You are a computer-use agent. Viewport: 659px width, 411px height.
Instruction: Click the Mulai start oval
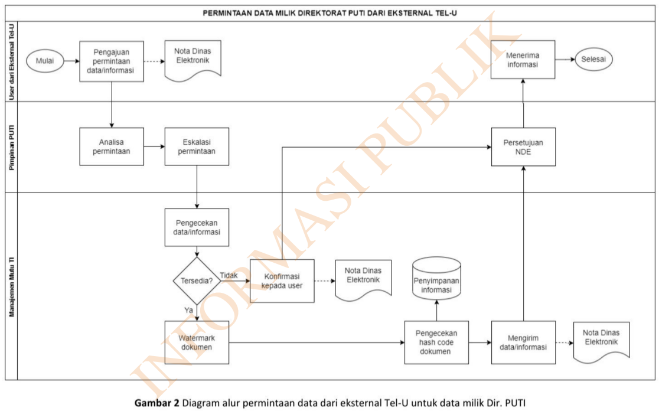[x=45, y=61]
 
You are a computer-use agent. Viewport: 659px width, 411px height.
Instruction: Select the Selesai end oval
[x=595, y=60]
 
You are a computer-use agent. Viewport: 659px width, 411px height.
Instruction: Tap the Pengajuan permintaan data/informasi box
[x=112, y=61]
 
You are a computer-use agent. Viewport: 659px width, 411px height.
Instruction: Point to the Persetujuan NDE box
[x=523, y=146]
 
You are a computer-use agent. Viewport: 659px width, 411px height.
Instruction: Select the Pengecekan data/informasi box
[x=197, y=227]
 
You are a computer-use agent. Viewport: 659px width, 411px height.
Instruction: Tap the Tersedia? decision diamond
[x=196, y=280]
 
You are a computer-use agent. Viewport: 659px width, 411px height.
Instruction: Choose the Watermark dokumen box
[x=196, y=342]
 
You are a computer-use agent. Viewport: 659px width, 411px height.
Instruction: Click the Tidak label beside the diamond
[x=229, y=275]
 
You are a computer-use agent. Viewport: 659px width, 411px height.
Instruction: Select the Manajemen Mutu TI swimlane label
[x=11, y=286]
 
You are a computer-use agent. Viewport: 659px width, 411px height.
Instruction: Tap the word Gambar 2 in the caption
[x=158, y=403]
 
